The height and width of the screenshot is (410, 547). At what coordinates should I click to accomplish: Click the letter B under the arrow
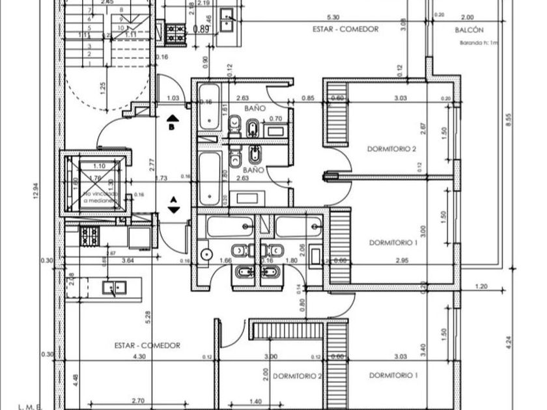[x=171, y=128]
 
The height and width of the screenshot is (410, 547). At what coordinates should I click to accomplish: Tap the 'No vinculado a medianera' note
[x=100, y=197]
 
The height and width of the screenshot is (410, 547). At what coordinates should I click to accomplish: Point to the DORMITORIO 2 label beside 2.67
[x=391, y=148]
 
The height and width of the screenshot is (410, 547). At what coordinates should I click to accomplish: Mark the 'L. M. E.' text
[x=29, y=406]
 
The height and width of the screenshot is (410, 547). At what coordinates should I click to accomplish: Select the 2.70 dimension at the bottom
[x=137, y=402]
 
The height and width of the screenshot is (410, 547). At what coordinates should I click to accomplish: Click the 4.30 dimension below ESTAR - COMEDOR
[x=139, y=357]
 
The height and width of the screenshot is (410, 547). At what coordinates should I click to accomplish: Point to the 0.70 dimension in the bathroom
[x=275, y=118]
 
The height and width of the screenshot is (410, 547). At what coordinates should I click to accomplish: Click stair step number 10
[x=120, y=20]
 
